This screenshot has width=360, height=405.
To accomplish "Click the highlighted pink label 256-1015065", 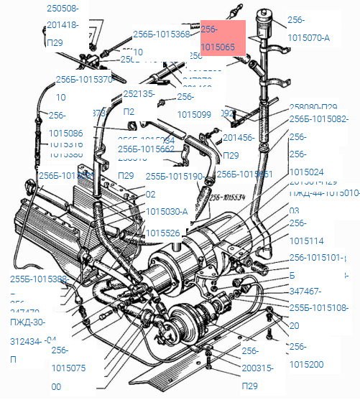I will pyautogui.click(x=223, y=38).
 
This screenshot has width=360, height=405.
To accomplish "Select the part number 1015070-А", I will pyautogui.click(x=308, y=38).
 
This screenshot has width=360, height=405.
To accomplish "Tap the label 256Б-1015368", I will pyautogui.click(x=162, y=34).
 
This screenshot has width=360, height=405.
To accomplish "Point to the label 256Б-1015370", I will pyautogui.click(x=84, y=80).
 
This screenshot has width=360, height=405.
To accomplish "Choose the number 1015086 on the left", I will pyautogui.click(x=65, y=133).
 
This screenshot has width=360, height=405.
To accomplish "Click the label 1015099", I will pyautogui.click(x=194, y=114).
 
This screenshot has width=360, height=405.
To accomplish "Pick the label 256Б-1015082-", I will pyautogui.click(x=318, y=119).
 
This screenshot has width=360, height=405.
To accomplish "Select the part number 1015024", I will pyautogui.click(x=306, y=172).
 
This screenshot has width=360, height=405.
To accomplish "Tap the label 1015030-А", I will pyautogui.click(x=167, y=212).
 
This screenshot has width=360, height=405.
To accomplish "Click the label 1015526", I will pyautogui.click(x=162, y=233).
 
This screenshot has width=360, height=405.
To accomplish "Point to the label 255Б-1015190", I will pyautogui.click(x=175, y=176).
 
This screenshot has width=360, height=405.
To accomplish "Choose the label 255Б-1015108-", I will pyautogui.click(x=318, y=308).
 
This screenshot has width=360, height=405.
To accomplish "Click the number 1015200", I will pyautogui.click(x=306, y=364).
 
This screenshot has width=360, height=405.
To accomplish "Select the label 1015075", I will pyautogui.click(x=68, y=368).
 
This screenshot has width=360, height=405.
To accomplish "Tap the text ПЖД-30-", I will pyautogui.click(x=27, y=322).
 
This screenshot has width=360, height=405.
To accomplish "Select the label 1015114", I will pyautogui.click(x=306, y=241).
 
